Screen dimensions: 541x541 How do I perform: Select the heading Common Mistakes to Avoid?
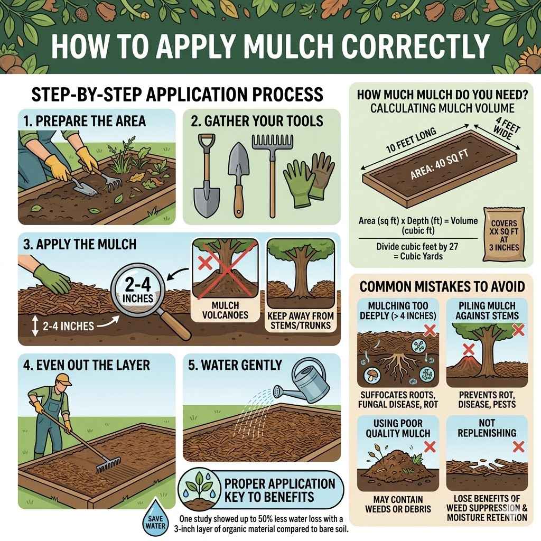point(442,287)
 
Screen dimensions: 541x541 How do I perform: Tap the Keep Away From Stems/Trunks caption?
point(300,319)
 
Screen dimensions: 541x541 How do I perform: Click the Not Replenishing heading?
point(487,427)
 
